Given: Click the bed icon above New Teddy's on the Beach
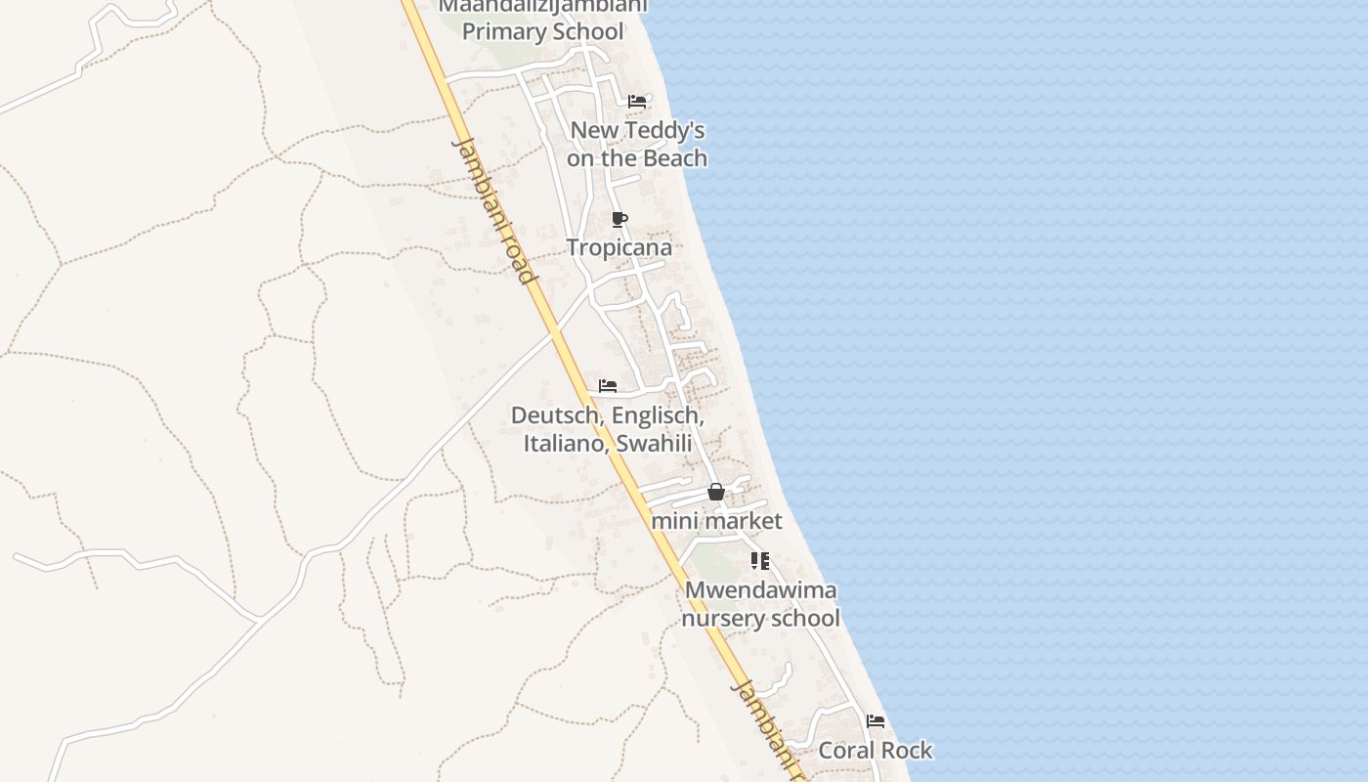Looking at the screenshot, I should (x=637, y=102).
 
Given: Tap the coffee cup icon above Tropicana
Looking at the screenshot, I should (x=619, y=219).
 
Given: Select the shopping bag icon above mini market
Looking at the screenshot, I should (x=716, y=492).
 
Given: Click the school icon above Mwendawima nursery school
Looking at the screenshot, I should (x=759, y=561).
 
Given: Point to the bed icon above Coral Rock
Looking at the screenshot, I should (x=876, y=722).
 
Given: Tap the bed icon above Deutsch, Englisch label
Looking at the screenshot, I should (x=608, y=386).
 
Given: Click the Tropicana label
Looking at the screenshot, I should (x=620, y=247).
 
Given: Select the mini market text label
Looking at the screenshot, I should (x=716, y=520).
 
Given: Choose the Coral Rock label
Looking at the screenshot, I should (x=876, y=751).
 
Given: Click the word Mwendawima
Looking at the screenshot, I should (x=761, y=590).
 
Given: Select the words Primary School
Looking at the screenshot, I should (x=542, y=31).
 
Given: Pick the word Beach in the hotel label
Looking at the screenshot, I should (x=675, y=158).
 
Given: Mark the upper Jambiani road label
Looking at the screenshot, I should (x=495, y=210).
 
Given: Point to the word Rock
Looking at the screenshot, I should (x=904, y=751).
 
